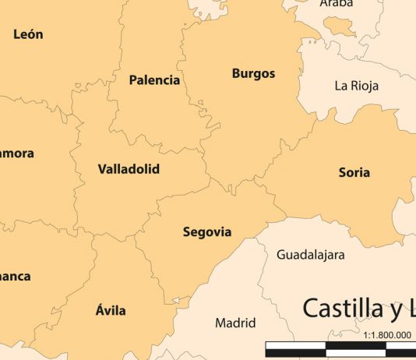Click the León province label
click(28, 34)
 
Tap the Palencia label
click(154, 79)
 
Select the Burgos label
click(253, 74)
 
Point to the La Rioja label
click(356, 86)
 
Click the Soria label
click(354, 172)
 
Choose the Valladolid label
click(129, 168)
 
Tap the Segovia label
click(207, 231)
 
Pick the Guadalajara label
click(310, 255)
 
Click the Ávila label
click(111, 310)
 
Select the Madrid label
click(235, 323)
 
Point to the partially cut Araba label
click(337, 4)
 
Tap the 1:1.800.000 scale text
click(387, 334)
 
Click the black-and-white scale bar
click(340, 348)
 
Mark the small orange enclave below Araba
click(340, 28)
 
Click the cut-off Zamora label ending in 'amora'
click(16, 154)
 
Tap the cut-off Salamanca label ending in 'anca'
click(16, 276)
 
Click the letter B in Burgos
click(236, 74)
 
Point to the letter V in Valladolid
click(102, 168)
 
